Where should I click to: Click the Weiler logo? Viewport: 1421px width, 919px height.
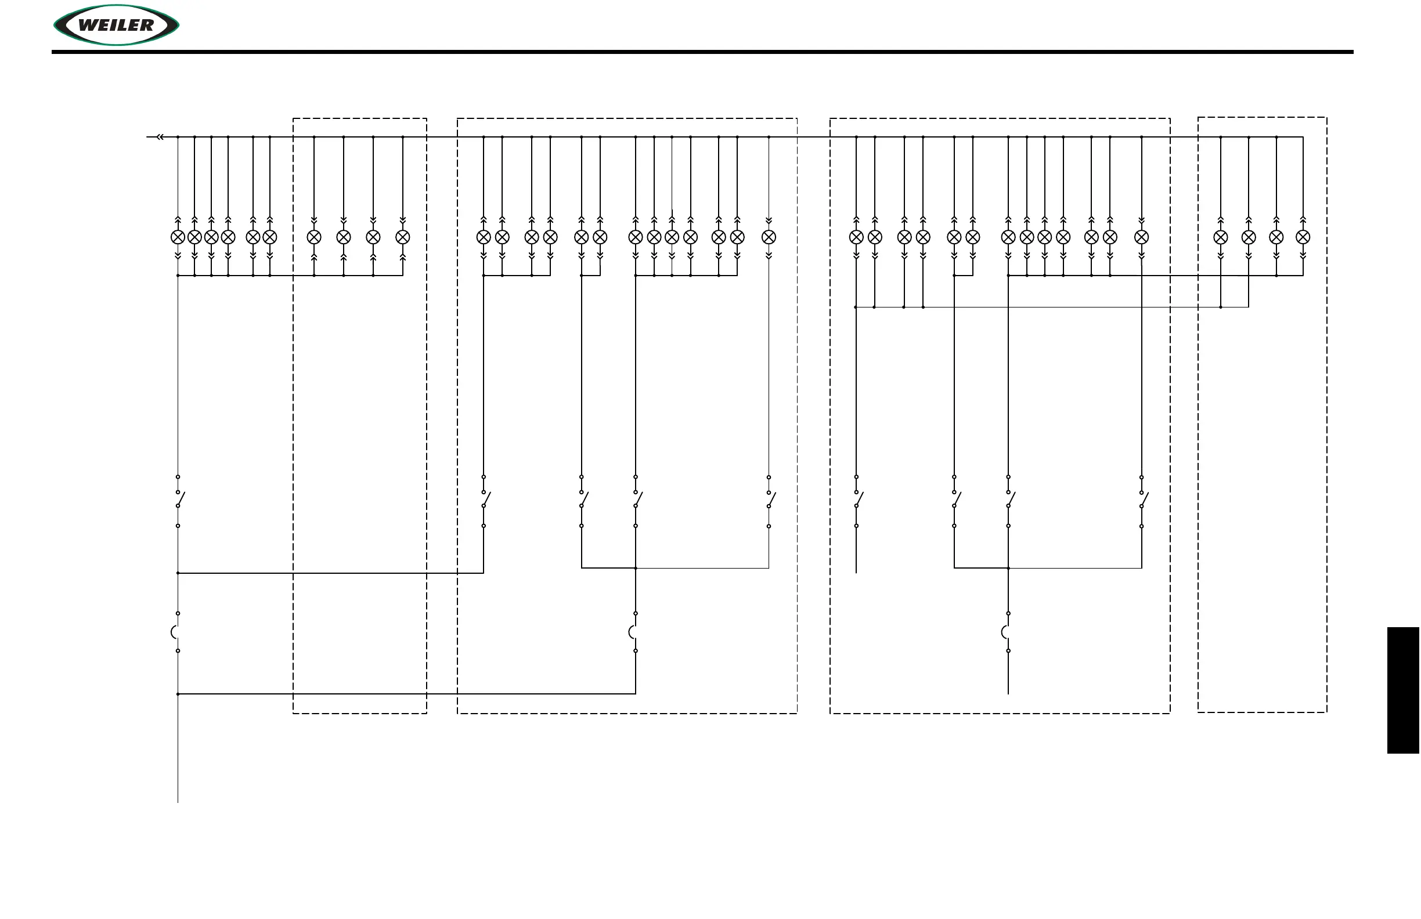click(117, 25)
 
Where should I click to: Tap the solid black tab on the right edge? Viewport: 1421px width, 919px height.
click(1402, 690)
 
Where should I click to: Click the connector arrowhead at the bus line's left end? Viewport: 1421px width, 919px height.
click(160, 138)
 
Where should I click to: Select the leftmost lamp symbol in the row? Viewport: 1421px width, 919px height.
click(178, 237)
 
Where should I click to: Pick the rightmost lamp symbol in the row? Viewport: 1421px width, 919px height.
click(1303, 237)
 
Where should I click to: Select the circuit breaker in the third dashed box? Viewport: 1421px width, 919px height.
click(1007, 632)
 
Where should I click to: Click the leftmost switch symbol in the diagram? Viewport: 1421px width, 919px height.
click(179, 500)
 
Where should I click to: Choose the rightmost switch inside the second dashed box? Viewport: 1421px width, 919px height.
click(770, 500)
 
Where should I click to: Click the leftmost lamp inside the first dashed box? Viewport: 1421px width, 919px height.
click(314, 237)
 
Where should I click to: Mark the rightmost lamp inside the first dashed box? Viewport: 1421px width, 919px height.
click(403, 237)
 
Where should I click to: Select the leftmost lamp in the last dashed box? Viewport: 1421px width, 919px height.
click(1220, 237)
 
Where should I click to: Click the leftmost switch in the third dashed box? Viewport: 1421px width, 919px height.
click(857, 500)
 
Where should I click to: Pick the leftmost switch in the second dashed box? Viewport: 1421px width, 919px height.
click(484, 500)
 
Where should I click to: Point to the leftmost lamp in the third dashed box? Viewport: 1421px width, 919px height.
click(856, 237)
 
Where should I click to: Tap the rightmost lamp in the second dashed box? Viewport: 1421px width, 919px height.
click(769, 237)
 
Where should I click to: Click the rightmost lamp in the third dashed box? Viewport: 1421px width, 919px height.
click(1142, 237)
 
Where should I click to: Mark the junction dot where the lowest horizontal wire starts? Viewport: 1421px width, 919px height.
click(178, 694)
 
